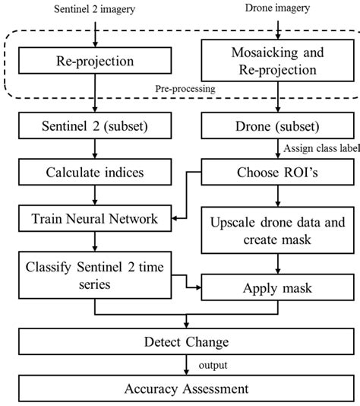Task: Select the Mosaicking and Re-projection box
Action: pyautogui.click(x=276, y=62)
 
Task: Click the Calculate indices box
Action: pyautogui.click(x=94, y=173)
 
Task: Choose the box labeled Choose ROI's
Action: pyautogui.click(x=276, y=173)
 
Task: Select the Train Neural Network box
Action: pyautogui.click(x=94, y=219)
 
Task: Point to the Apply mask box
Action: pyautogui.click(x=276, y=290)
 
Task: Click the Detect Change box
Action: pyautogui.click(x=180, y=341)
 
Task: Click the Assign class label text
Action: pyautogui.click(x=321, y=149)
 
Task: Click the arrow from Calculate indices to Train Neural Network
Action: pyautogui.click(x=94, y=196)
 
